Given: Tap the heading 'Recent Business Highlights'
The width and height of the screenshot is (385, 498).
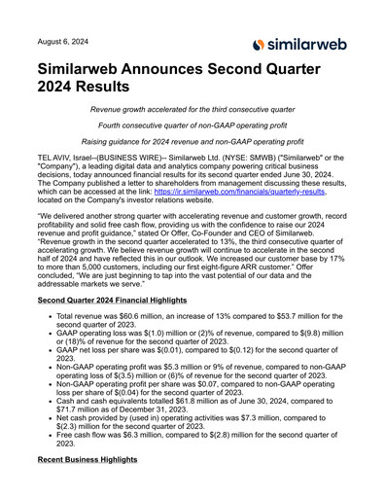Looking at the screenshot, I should [x=93, y=484].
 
